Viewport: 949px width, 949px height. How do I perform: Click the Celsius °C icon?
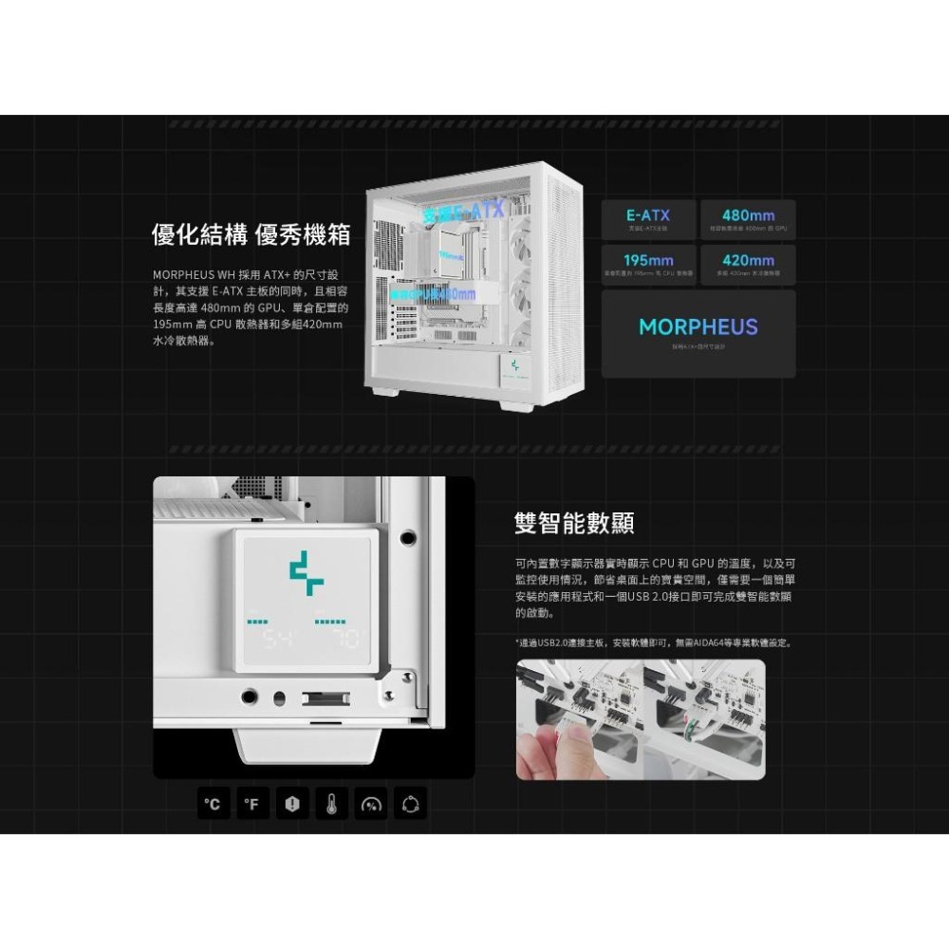coord(214,804)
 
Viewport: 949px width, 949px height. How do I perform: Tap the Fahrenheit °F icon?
coord(252,804)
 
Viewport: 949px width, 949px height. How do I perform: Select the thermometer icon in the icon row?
coord(331,804)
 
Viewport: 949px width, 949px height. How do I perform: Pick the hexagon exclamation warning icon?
coord(292,804)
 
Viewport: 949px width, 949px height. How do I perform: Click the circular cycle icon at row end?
coord(410,804)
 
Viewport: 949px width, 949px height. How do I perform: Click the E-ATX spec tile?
coord(648,219)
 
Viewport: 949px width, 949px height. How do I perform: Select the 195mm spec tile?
coord(648,264)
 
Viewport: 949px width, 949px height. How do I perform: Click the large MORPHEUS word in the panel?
coord(698,327)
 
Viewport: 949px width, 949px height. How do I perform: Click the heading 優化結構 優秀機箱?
coord(251,233)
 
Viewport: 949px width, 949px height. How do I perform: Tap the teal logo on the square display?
coord(307,572)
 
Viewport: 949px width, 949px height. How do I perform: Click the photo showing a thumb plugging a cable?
coord(577,719)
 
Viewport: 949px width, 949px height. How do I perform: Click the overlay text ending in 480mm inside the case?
coord(432,294)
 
